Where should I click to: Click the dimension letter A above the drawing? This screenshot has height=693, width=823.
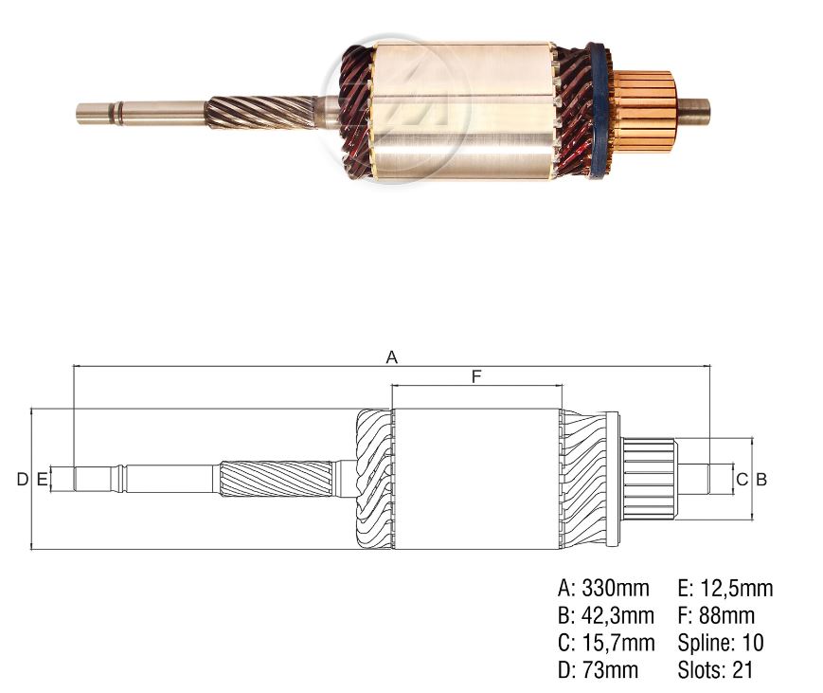coord(391,357)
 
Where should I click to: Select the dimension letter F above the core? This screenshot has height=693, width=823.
coord(476,377)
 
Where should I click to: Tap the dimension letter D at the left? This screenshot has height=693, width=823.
coord(21,480)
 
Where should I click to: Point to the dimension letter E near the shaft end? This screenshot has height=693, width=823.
coord(42,480)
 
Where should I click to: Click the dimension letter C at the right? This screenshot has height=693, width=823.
coord(742,480)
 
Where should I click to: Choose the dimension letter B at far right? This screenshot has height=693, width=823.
coord(760,480)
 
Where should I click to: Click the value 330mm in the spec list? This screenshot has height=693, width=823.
coord(616,589)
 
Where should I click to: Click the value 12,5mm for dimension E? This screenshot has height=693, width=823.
coord(737,589)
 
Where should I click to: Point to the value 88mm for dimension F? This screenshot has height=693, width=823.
coord(728,616)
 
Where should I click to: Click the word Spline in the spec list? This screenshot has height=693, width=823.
coord(704,644)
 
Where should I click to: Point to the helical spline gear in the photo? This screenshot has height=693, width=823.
coord(260,111)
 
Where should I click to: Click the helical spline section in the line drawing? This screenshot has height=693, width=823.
coord(277,478)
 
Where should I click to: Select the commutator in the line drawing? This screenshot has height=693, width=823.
coord(650,478)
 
